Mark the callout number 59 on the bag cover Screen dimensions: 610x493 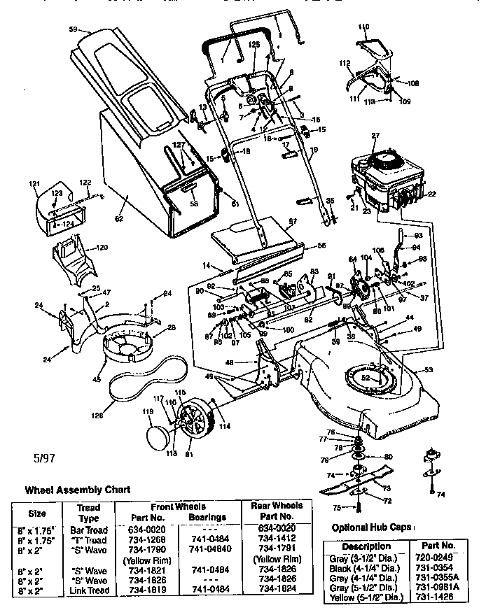(x=73, y=30)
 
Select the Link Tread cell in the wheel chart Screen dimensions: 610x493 (x=89, y=589)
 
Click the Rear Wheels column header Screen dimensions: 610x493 (x=277, y=511)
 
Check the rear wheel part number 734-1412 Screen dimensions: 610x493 (x=277, y=539)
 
